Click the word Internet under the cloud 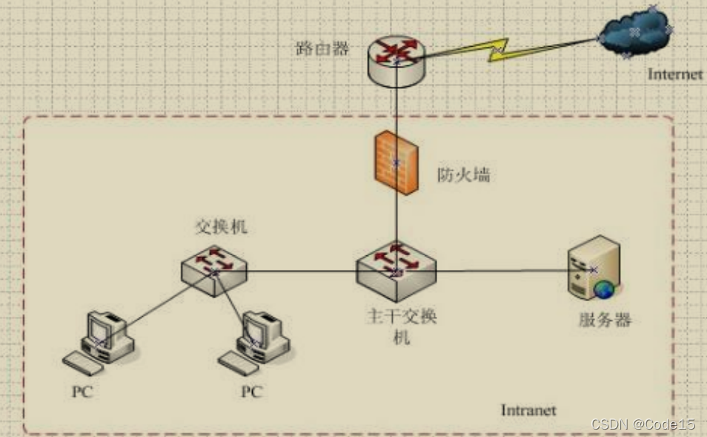(674, 74)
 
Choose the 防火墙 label (463, 176)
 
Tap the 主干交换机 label (402, 326)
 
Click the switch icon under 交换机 (214, 271)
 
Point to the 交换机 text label (220, 227)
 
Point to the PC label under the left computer (83, 391)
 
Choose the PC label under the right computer (252, 391)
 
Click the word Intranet (528, 410)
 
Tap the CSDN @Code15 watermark (643, 424)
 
